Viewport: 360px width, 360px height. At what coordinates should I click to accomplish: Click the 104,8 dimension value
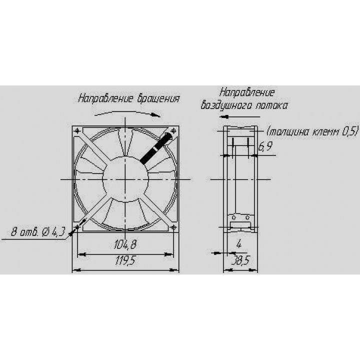coord(125,244)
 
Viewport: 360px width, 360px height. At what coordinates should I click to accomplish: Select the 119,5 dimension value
coord(125,260)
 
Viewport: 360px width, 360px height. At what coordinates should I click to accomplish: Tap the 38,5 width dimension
coord(240,261)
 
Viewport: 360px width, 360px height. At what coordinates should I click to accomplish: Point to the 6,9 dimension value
coord(265,146)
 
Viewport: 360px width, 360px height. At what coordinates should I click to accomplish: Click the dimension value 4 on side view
coord(239,243)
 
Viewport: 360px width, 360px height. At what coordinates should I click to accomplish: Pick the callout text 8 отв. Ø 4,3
coord(38,232)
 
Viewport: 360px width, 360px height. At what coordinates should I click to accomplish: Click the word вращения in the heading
coord(158,98)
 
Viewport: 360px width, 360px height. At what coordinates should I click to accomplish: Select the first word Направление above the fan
coord(105,98)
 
